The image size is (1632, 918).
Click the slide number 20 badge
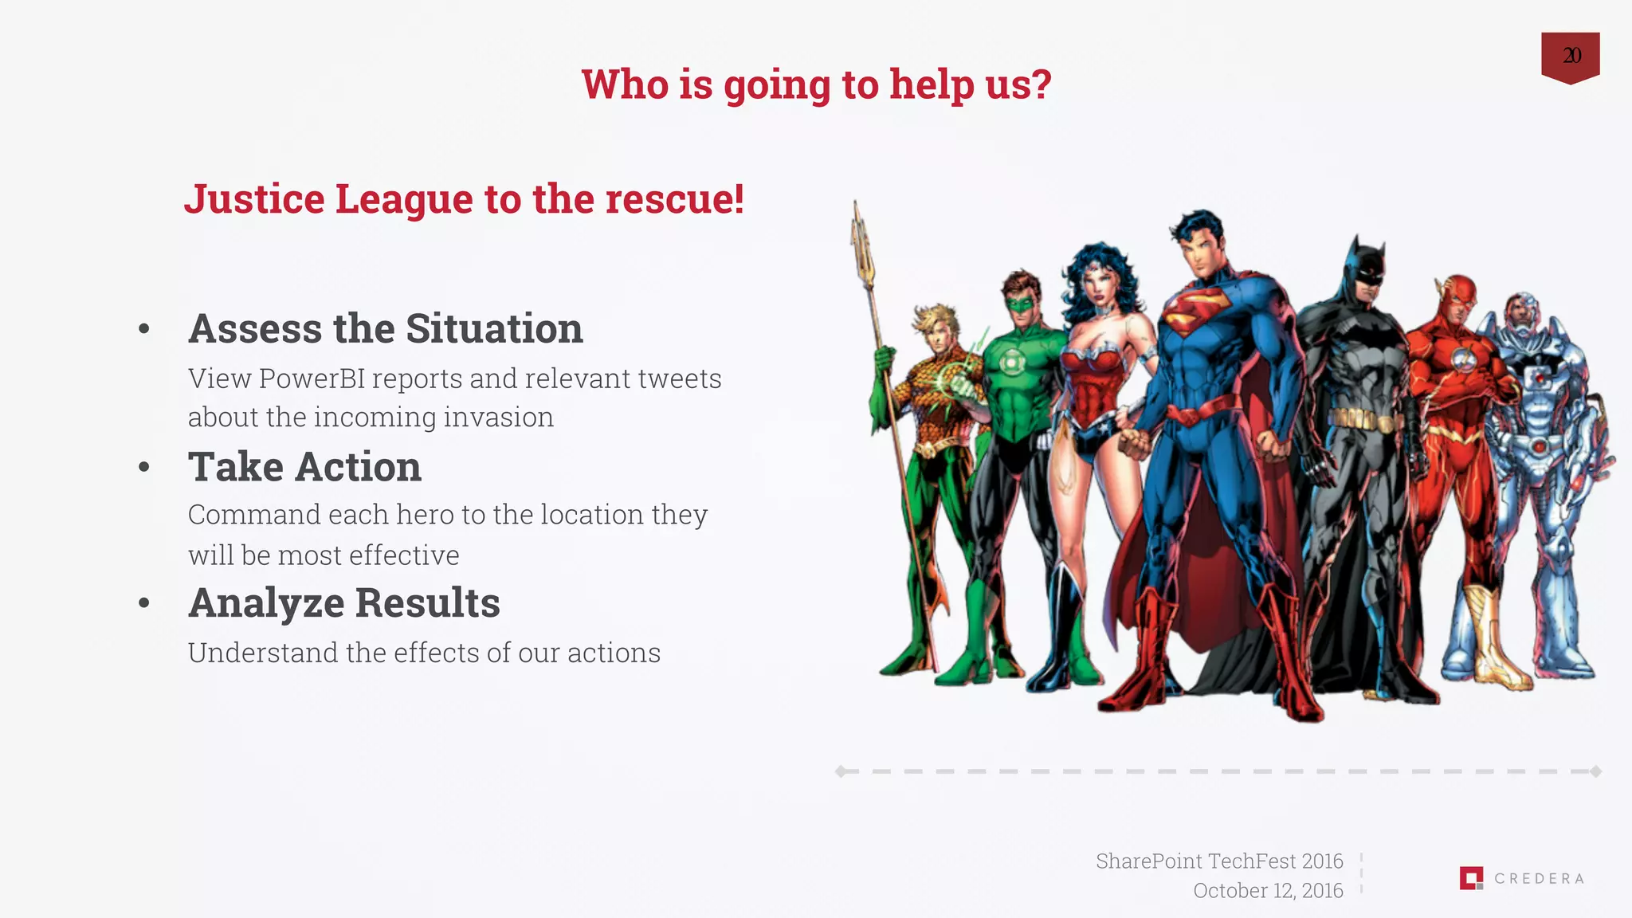coord(1570,56)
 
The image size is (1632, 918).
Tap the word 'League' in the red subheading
coord(403,199)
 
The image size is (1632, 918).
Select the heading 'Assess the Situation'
coord(385,328)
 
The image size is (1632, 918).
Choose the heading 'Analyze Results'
coord(343,602)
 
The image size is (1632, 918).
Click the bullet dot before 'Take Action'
coord(144,467)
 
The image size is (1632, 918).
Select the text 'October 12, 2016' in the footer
coord(1267,891)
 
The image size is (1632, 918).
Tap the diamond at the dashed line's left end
coord(841,771)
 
